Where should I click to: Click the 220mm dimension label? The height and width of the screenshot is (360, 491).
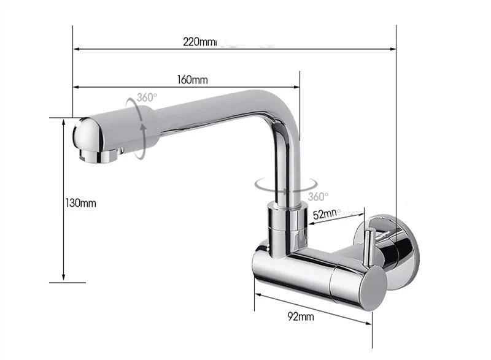pos(200,42)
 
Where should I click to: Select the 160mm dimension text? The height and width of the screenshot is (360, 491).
pos(193,80)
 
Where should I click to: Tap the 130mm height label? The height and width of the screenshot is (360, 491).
pos(80,203)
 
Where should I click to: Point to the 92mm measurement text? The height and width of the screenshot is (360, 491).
pos(300,316)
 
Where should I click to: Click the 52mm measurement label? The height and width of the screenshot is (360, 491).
pos(326,215)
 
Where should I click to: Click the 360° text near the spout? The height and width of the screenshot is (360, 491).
pos(147,98)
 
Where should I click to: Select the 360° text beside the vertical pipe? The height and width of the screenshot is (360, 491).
pos(318,196)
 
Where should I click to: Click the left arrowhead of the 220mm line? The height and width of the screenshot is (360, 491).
pos(76,48)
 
